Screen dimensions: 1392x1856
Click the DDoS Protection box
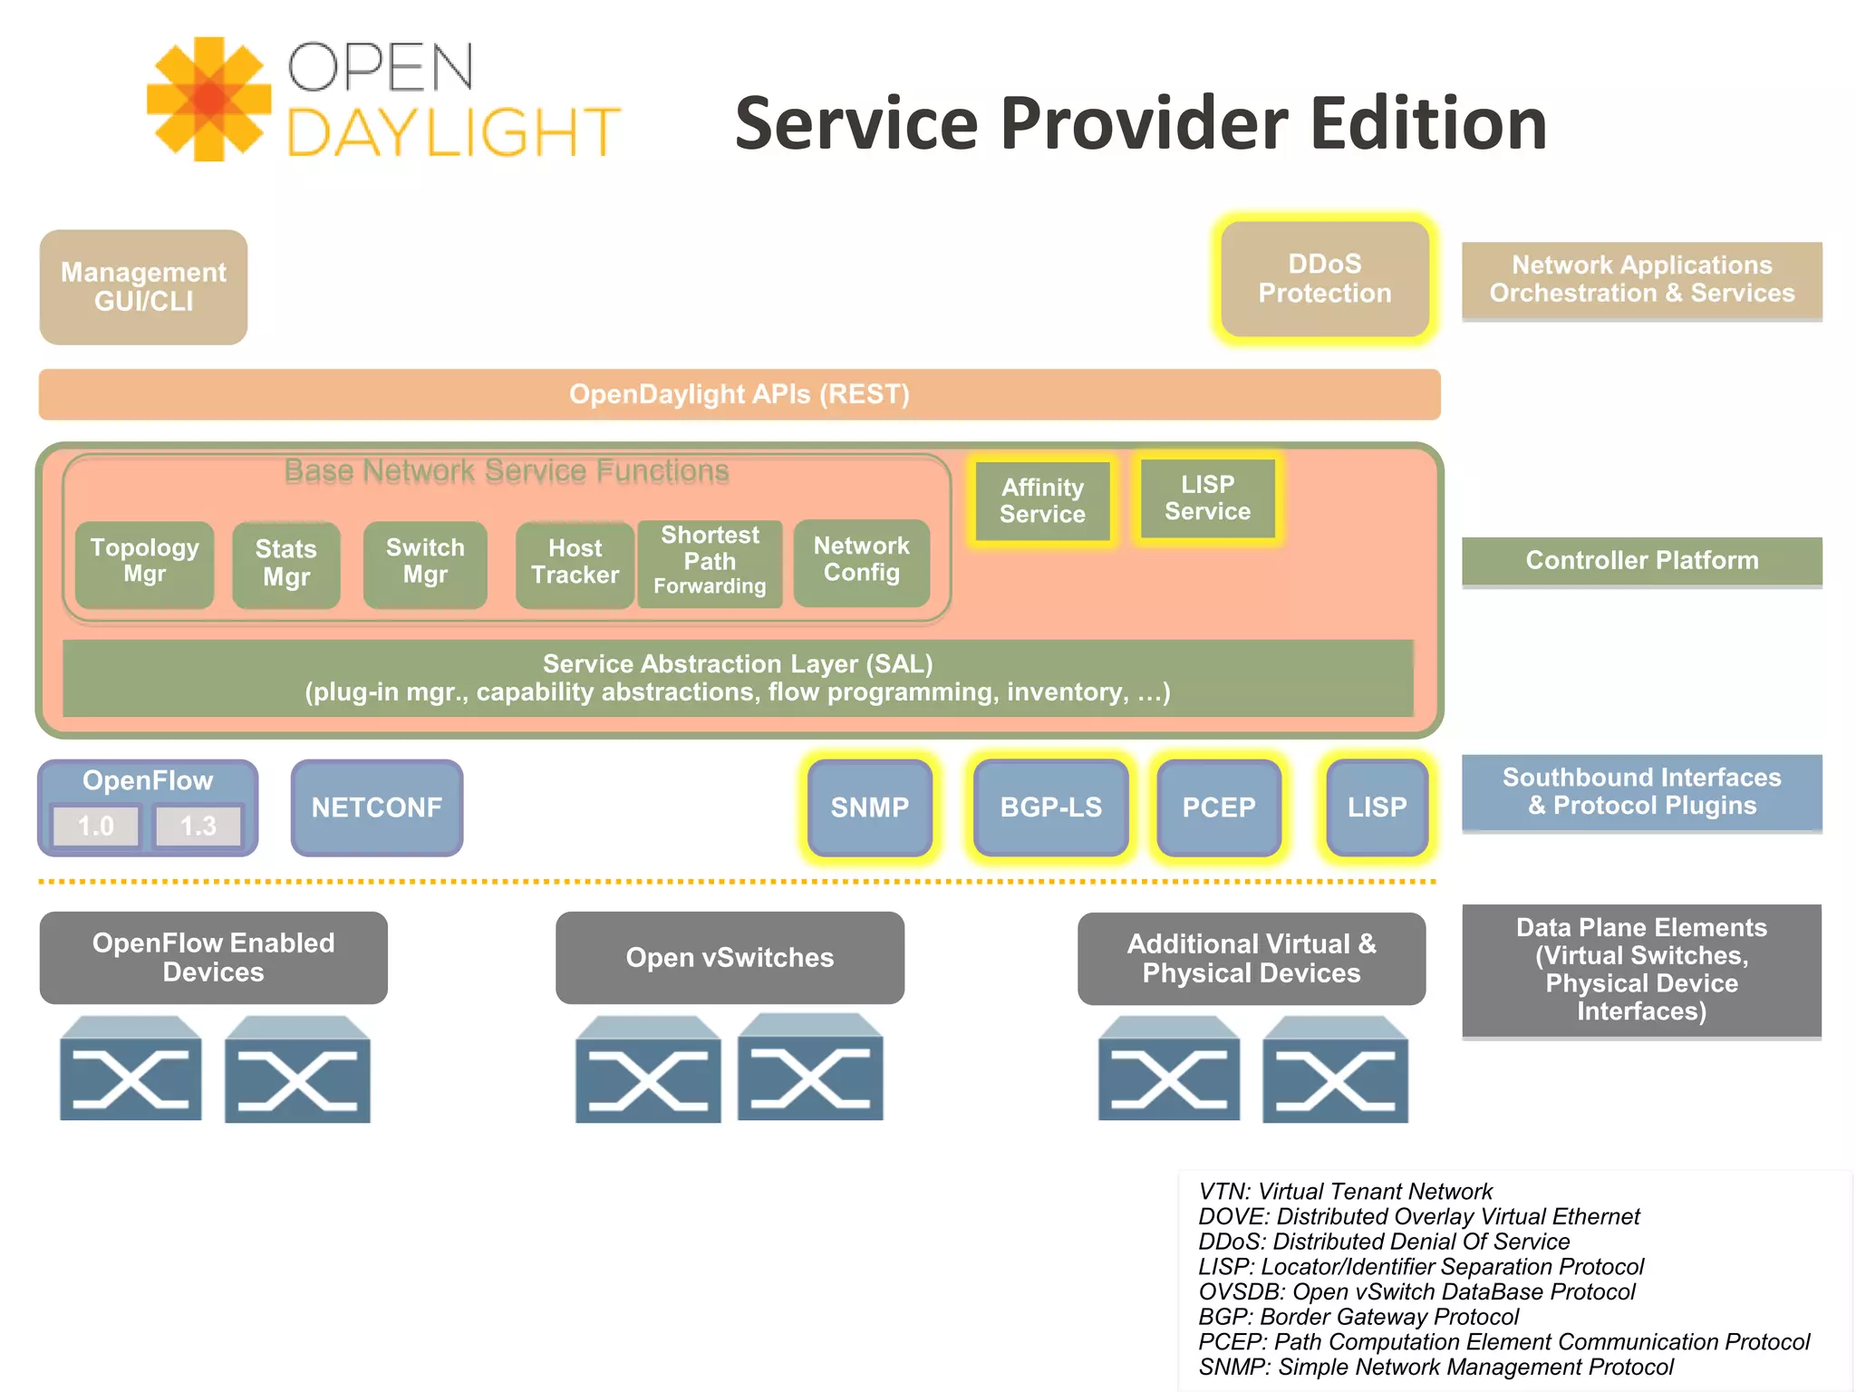point(1324,279)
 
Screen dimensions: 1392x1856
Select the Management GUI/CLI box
point(143,286)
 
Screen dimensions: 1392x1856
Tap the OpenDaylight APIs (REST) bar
point(739,394)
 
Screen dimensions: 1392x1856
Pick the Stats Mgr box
point(285,564)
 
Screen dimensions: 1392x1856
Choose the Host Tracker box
point(575,563)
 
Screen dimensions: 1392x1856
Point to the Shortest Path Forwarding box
point(710,561)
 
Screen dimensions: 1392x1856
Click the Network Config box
point(861,561)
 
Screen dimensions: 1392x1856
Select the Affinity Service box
point(1042,501)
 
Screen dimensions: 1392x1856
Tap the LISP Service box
point(1207,498)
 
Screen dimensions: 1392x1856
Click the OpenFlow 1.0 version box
point(96,826)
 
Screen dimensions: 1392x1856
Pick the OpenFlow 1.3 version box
point(198,826)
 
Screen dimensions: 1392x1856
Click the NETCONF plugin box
point(377,807)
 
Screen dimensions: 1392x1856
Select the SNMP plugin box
point(869,807)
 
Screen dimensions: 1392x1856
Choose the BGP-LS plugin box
point(1050,807)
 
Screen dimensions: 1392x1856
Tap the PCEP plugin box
point(1218,807)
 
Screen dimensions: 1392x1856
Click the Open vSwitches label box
point(730,958)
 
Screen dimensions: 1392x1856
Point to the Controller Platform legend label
point(1641,561)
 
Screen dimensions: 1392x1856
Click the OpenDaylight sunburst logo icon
point(209,99)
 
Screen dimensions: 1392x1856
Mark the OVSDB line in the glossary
point(1416,1291)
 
